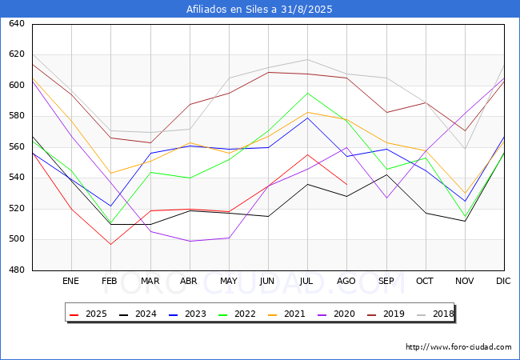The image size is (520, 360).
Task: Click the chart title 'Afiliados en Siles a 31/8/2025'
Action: [x=259, y=10]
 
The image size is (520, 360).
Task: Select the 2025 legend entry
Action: [x=89, y=314]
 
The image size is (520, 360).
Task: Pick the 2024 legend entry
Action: [x=138, y=314]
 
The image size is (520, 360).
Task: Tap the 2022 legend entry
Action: [x=237, y=314]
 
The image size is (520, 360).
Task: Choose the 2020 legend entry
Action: [x=336, y=314]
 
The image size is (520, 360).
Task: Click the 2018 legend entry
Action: [x=435, y=314]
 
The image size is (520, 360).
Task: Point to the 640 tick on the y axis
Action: [x=17, y=24]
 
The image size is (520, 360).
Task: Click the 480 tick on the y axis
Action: [x=17, y=270]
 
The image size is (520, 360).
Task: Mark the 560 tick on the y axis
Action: [x=17, y=147]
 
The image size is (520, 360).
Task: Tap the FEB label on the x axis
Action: [x=110, y=281]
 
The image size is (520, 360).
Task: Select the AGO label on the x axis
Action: [x=346, y=281]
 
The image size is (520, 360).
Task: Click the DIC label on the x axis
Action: [x=503, y=281]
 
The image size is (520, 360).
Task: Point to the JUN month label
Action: [x=267, y=281]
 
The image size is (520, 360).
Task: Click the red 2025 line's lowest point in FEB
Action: [x=110, y=244]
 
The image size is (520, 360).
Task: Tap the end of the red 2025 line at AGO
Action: [x=347, y=185]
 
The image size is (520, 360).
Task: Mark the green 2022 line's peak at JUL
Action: [x=308, y=93]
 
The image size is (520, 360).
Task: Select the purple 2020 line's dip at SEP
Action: [x=386, y=198]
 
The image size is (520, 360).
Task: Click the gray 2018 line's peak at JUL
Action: [x=308, y=60]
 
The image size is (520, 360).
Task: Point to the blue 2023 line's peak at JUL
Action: [x=308, y=118]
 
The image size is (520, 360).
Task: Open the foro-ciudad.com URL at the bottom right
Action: [x=458, y=347]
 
